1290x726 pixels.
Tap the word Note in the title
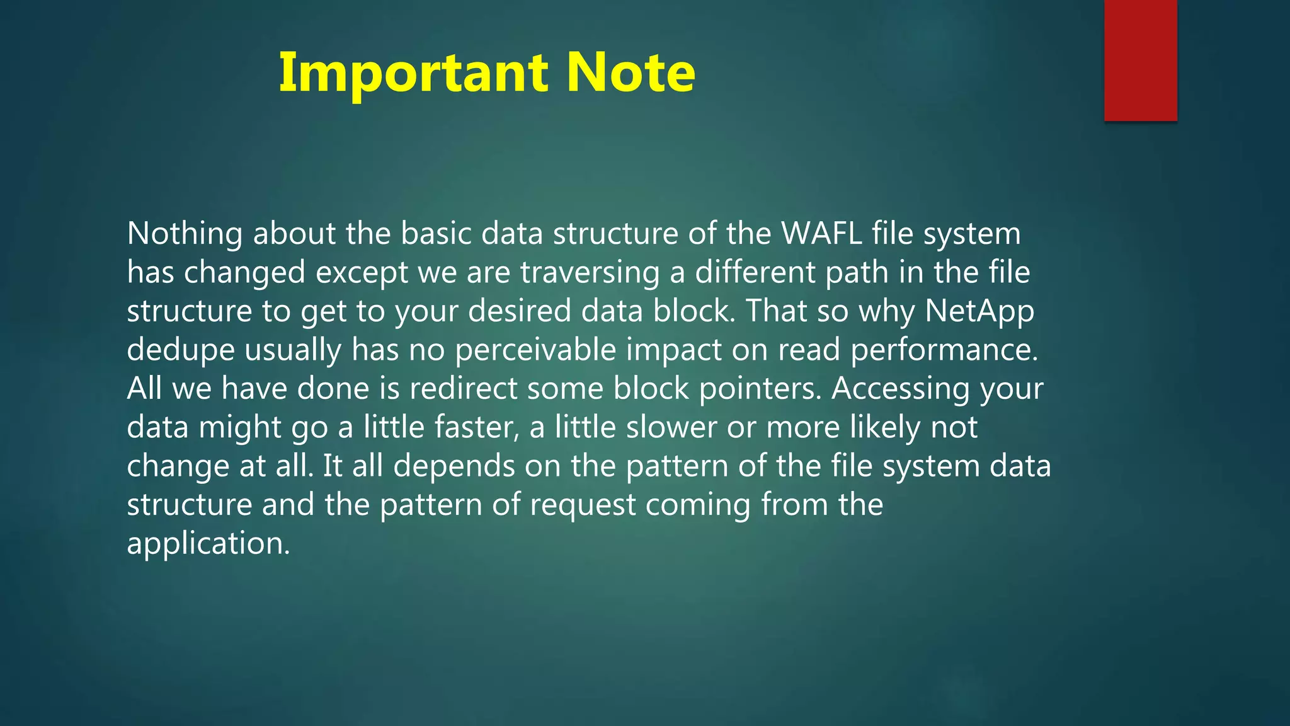click(x=631, y=73)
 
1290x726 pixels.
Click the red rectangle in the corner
click(x=1140, y=60)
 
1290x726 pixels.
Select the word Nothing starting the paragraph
click(x=185, y=234)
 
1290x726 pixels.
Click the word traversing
click(x=590, y=273)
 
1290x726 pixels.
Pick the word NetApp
click(x=979, y=311)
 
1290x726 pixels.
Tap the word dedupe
click(x=180, y=350)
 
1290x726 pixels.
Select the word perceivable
click(x=535, y=350)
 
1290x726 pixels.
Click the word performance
click(x=944, y=350)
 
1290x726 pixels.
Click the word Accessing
click(x=900, y=389)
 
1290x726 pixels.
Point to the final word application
click(x=208, y=544)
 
